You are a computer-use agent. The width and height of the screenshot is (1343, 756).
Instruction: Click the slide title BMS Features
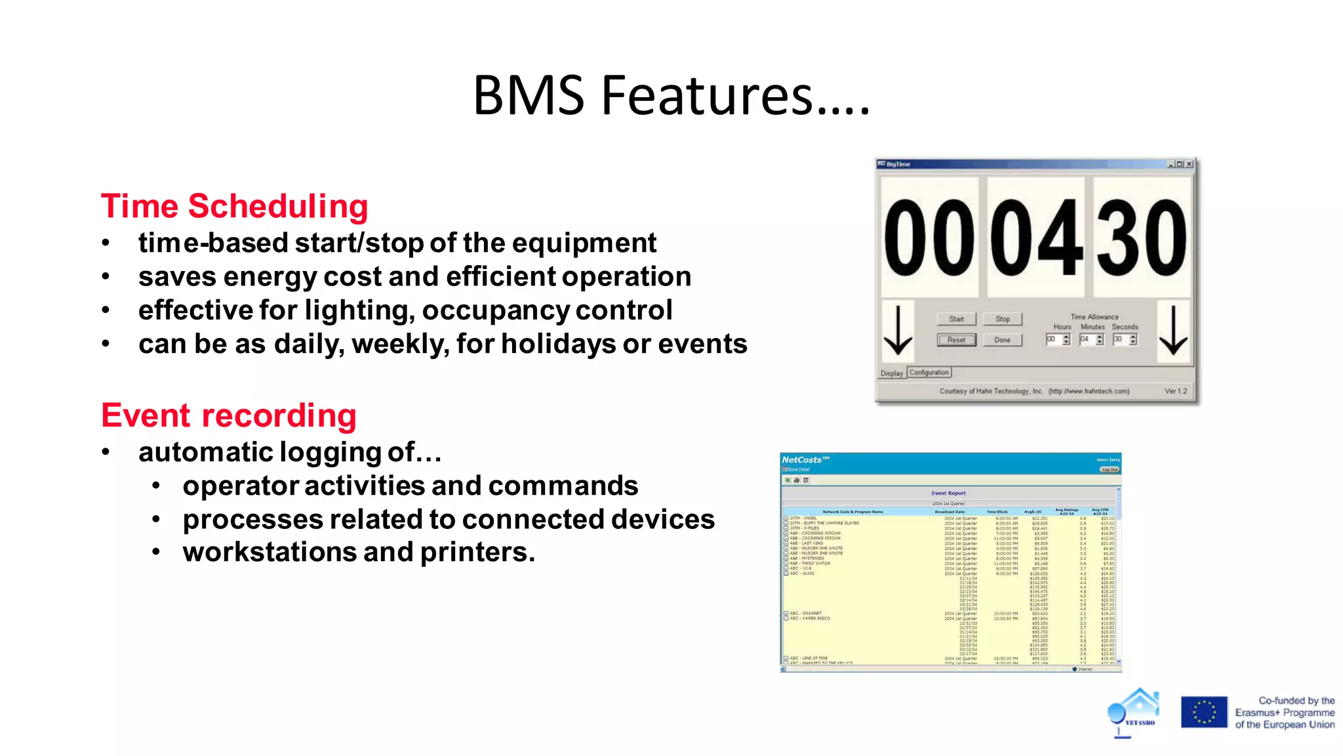pos(671,96)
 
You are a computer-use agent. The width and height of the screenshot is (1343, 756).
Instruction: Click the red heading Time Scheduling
pos(234,206)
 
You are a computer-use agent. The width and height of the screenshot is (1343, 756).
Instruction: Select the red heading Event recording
pos(228,415)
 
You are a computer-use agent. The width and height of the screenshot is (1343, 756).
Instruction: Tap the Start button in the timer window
pos(956,319)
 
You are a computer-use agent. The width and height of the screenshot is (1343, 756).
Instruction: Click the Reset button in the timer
pos(956,340)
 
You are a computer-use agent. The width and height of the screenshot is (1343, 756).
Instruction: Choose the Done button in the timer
pos(1002,340)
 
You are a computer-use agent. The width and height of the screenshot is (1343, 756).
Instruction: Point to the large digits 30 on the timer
pos(1142,238)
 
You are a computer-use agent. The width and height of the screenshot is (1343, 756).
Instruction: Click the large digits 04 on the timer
pos(1036,238)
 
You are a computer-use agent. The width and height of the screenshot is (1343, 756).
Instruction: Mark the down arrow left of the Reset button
pos(898,330)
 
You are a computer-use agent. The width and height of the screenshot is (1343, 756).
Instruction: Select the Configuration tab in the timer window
pos(929,373)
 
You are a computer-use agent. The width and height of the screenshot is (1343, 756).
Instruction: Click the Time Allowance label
pos(1094,316)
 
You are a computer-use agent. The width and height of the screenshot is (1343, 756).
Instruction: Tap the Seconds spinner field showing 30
pos(1119,339)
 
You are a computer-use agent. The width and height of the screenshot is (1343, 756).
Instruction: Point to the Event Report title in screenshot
pos(948,493)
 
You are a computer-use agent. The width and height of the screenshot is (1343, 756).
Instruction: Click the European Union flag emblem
pos(1203,712)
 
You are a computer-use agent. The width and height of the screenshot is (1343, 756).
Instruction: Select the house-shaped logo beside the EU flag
pos(1135,711)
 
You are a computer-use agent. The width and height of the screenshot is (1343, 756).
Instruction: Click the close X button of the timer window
pos(1189,164)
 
